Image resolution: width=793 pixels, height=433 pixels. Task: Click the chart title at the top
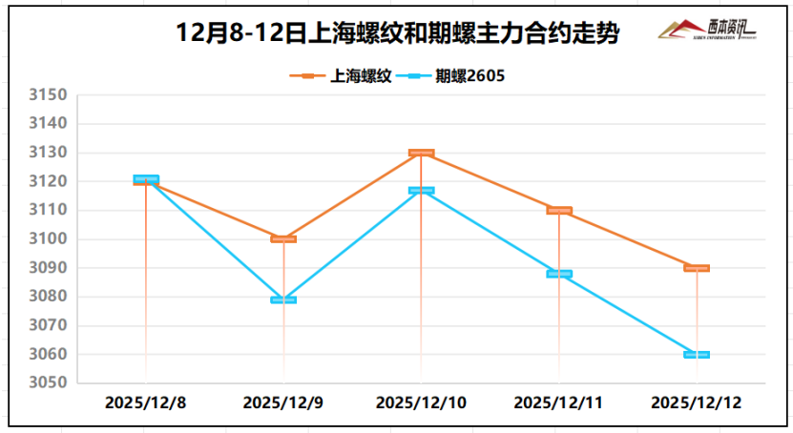point(398,35)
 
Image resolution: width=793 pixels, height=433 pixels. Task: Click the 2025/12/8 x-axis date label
point(145,403)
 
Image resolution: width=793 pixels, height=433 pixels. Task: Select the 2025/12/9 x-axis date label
point(283,403)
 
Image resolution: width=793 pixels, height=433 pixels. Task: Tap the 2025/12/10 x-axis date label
point(421,403)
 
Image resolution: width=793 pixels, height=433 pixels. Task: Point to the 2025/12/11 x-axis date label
point(558,403)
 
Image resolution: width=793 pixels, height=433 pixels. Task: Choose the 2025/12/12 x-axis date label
point(696,403)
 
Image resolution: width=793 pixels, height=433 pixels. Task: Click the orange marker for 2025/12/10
point(421,153)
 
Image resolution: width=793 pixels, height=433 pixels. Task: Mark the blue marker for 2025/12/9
point(283,299)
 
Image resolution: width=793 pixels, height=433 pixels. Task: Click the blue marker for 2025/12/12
point(697,354)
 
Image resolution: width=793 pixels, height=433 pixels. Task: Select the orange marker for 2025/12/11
point(559,210)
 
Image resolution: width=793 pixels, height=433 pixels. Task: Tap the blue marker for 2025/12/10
point(421,191)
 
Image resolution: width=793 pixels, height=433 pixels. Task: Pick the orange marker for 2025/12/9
point(283,238)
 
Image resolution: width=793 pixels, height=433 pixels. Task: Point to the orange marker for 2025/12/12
point(697,268)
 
